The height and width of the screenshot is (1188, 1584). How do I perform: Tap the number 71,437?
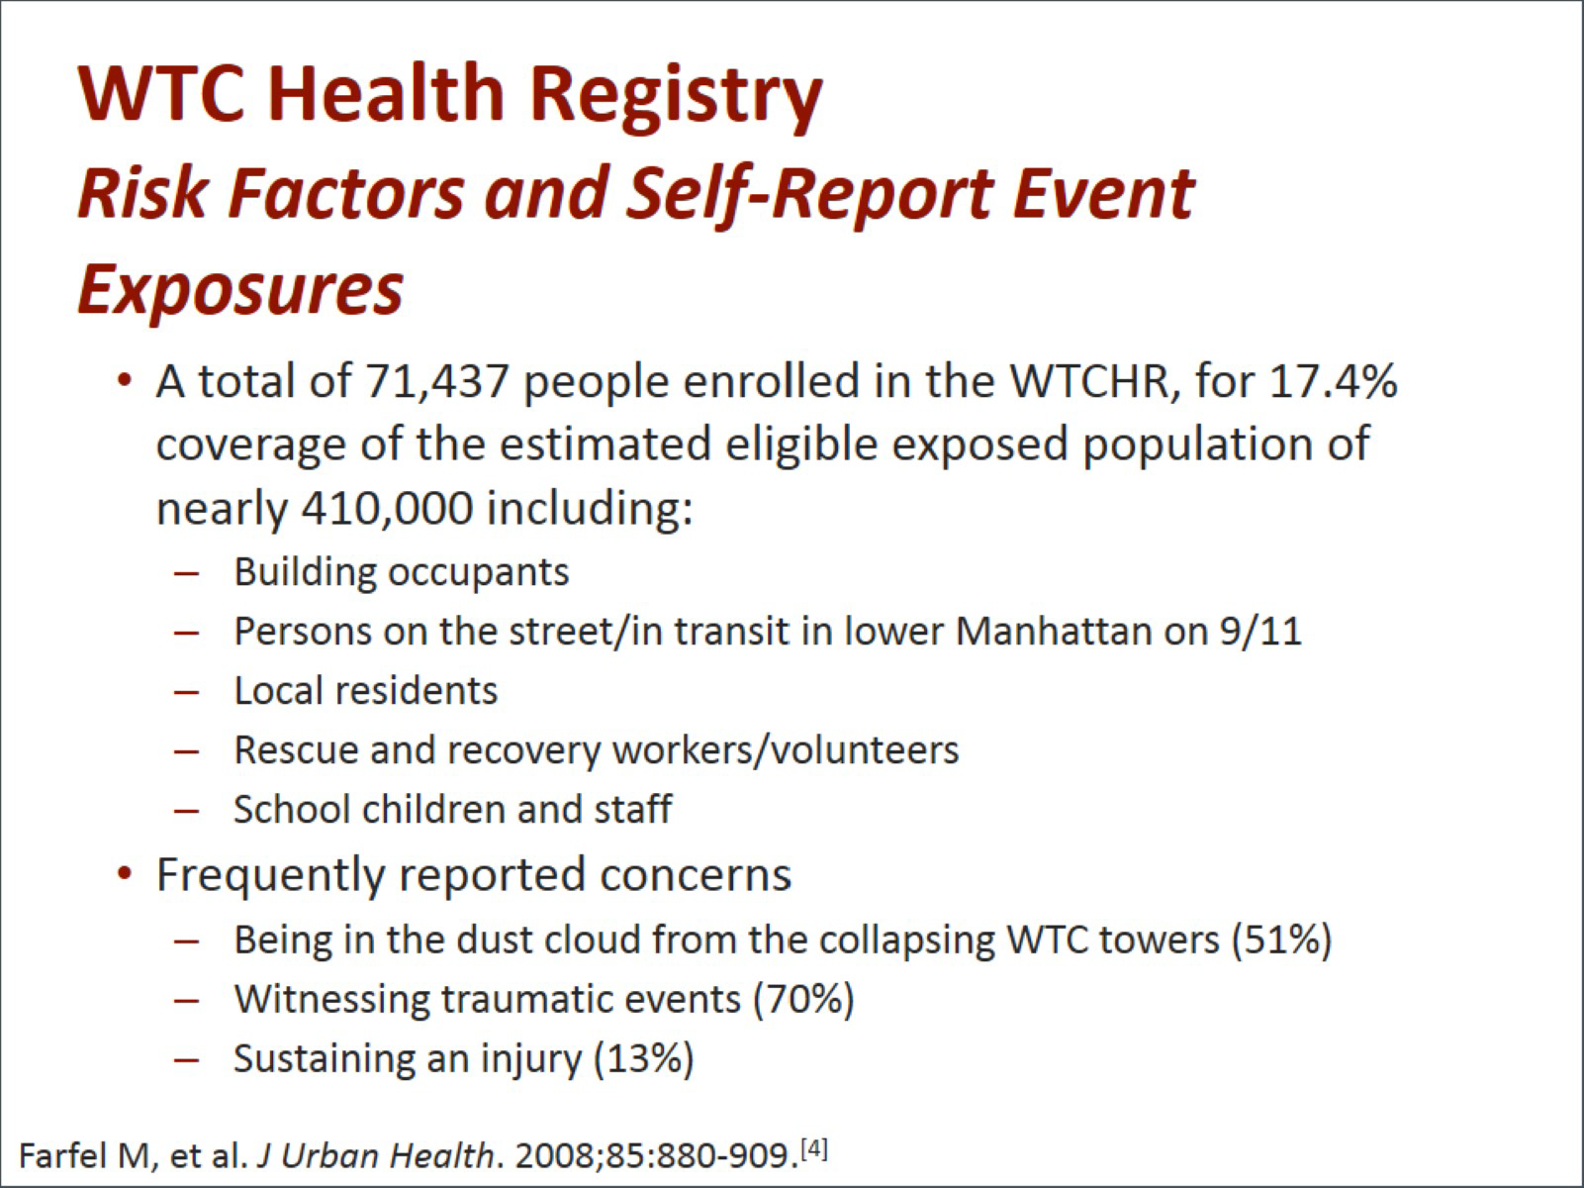pos(436,382)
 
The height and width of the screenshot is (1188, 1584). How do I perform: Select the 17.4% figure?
pos(1333,380)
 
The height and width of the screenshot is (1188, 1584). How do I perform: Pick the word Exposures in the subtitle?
pos(240,289)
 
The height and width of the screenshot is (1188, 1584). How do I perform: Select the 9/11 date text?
pos(1260,631)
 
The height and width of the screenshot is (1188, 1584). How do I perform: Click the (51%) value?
pos(1281,940)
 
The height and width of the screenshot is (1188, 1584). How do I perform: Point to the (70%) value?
pos(803,1000)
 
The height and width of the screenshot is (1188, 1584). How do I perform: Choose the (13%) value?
pos(643,1059)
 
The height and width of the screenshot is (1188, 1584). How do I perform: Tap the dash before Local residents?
pos(186,692)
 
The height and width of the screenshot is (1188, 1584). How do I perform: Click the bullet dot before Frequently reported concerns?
pos(126,874)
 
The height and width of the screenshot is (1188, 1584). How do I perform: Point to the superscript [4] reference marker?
pos(814,1146)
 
